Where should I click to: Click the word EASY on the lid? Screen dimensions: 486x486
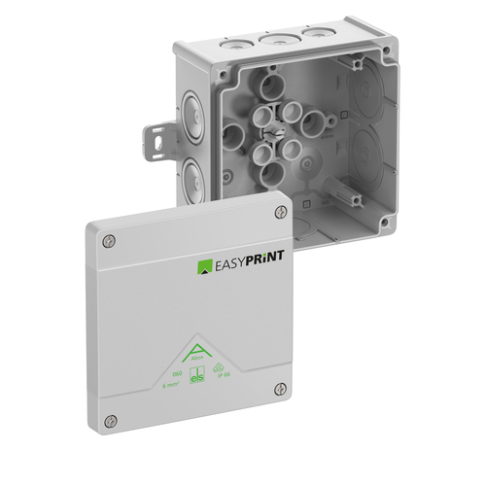(x=234, y=263)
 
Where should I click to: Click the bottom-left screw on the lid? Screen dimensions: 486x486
(x=111, y=420)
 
